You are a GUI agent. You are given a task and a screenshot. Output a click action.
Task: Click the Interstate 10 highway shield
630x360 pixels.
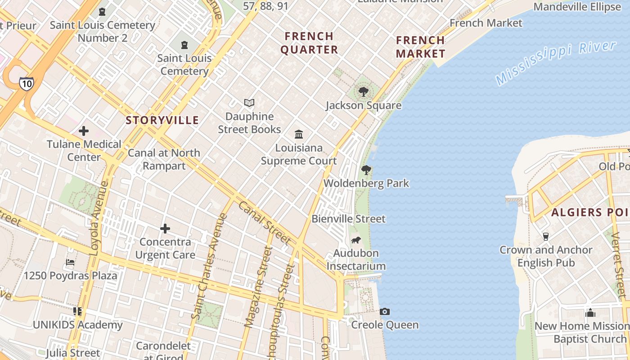coord(26,83)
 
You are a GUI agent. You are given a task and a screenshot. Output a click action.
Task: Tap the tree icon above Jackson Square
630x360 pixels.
coord(363,92)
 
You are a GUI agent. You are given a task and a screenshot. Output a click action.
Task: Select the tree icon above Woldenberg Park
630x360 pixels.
coord(366,170)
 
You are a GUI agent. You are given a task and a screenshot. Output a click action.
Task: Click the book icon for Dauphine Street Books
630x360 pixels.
coord(249,103)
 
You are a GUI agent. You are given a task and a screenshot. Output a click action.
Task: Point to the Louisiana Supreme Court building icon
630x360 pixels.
coord(299,134)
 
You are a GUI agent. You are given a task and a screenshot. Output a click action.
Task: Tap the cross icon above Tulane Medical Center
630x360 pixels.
coord(84,131)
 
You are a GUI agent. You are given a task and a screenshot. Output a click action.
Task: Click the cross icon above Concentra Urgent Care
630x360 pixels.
coord(165,229)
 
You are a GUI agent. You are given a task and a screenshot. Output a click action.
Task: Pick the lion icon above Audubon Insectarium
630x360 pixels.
coord(356,240)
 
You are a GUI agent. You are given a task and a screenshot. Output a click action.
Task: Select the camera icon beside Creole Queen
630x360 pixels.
coord(385,311)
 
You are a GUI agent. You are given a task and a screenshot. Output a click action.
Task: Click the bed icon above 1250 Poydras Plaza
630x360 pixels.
coord(70,262)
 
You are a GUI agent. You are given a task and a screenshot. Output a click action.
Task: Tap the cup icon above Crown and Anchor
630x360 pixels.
coord(546,236)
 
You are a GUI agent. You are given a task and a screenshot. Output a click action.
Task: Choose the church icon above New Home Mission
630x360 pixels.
coord(590,313)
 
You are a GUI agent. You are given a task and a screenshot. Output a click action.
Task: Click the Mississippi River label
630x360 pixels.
coord(556,62)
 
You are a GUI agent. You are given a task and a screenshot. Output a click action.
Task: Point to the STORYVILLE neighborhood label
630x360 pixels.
coord(162,120)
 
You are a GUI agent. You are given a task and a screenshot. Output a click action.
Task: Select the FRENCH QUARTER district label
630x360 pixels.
coord(309,43)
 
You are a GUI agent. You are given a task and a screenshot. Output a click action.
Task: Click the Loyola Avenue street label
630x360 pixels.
coord(99,218)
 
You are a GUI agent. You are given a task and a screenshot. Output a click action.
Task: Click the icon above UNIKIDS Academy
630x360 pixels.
coord(77,311)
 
